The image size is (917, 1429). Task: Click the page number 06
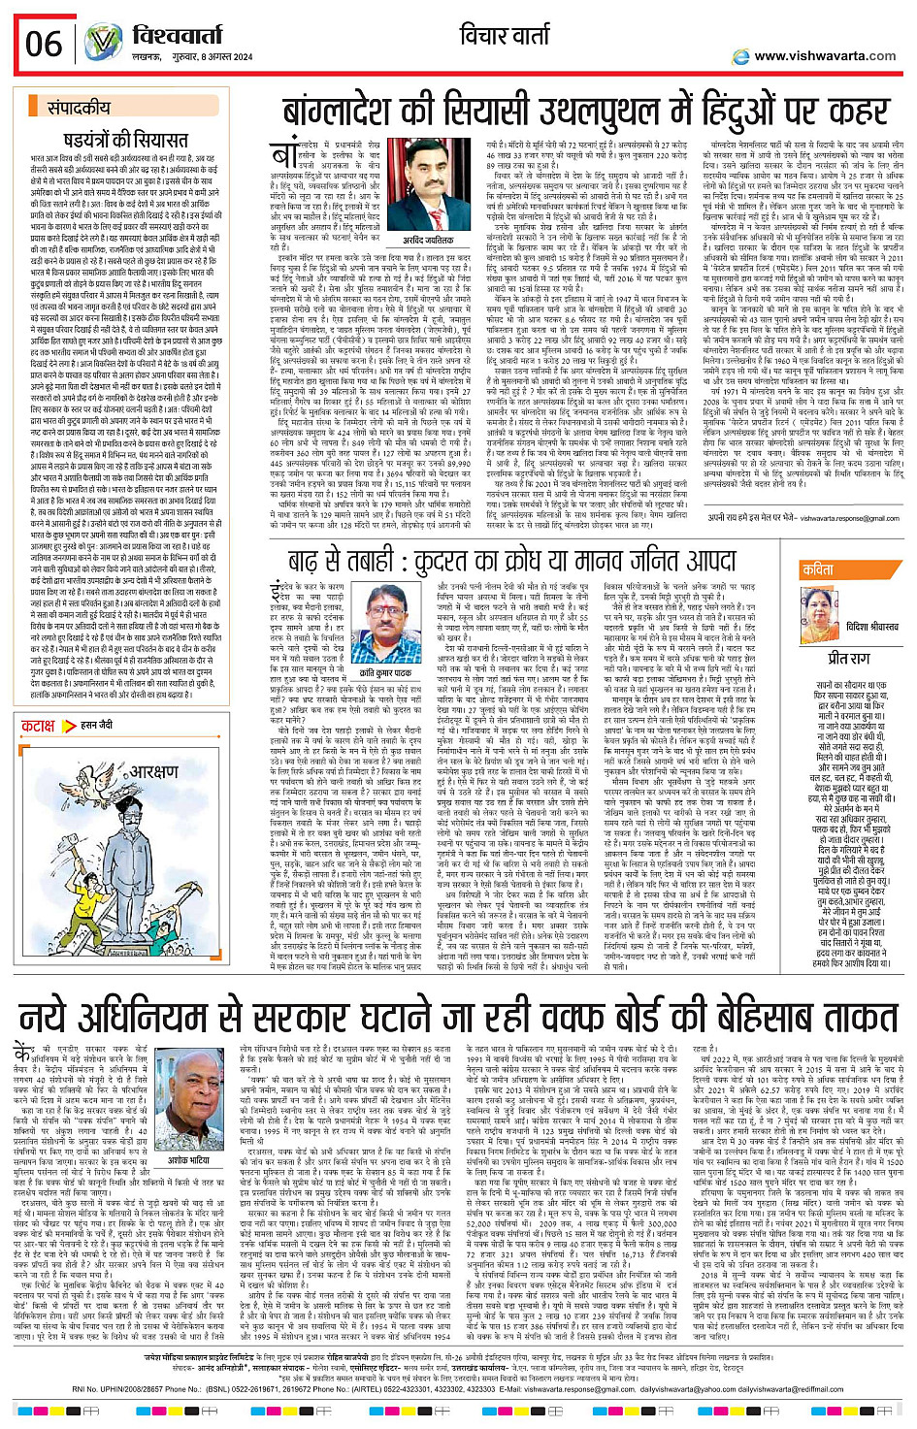pos(45,44)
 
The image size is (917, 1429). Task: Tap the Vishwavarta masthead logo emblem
pos(103,42)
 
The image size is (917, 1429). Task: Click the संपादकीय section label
pos(79,109)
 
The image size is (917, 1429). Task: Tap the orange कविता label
pos(817,569)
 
